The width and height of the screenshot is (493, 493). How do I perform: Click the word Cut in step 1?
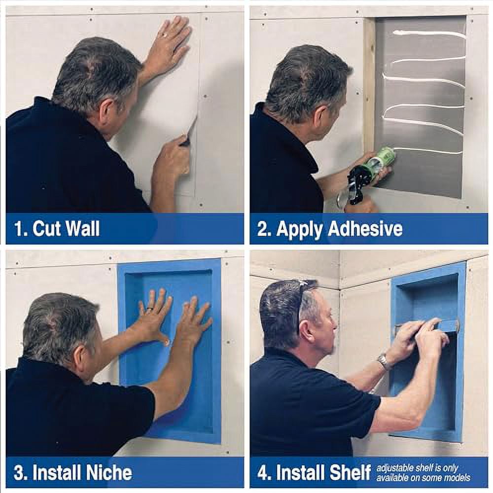47,229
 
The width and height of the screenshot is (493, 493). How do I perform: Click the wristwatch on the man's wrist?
383,362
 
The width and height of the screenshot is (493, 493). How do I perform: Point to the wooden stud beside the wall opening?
369,84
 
